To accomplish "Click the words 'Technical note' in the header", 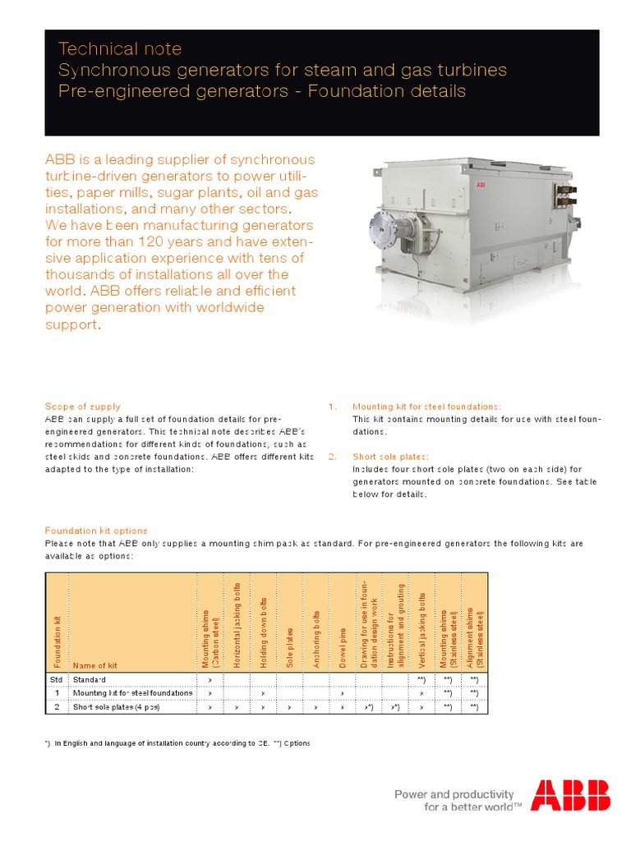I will (120, 49).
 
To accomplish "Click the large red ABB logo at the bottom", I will (570, 796).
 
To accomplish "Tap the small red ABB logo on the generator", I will (481, 186).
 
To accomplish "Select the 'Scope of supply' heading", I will (82, 407).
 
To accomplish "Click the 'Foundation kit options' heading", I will (96, 531).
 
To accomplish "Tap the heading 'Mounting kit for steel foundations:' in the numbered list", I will (426, 407).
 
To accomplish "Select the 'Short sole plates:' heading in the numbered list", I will (391, 457).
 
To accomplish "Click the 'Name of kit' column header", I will (95, 665).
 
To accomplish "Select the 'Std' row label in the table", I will (56, 680).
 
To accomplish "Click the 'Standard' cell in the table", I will (90, 680).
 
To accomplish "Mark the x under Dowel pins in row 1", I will (342, 693).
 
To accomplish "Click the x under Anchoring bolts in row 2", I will (315, 706).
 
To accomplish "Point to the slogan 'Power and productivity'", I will (454, 794).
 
